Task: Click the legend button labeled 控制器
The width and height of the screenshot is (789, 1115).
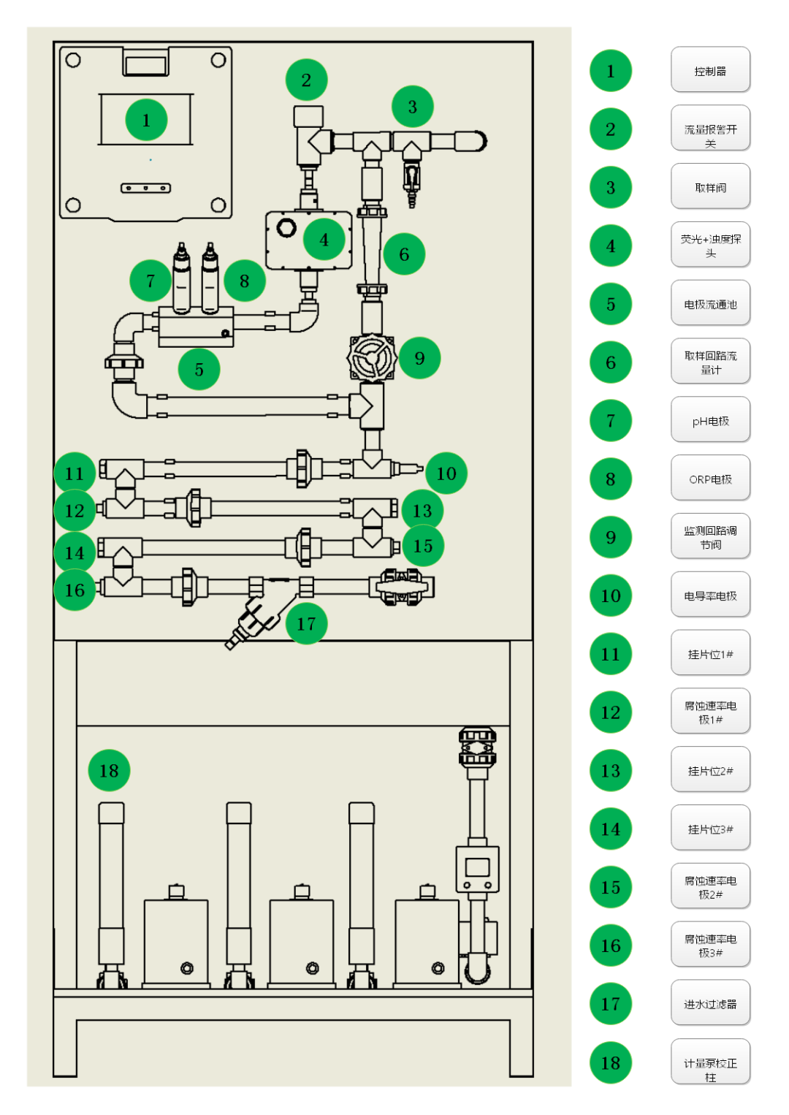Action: (710, 70)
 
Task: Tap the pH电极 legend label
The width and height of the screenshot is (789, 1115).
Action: (710, 420)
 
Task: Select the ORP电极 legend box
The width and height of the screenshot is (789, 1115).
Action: (710, 479)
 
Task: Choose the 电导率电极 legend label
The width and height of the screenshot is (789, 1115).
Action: (710, 595)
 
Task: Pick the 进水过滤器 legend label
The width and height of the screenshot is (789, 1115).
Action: (710, 1003)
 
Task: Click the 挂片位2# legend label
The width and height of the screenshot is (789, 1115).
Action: (710, 770)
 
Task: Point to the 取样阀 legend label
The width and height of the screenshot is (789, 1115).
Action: (710, 187)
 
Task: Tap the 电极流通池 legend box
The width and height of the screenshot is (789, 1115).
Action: (710, 303)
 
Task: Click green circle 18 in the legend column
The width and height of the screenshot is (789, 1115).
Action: (611, 1062)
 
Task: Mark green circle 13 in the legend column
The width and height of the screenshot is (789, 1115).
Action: (611, 770)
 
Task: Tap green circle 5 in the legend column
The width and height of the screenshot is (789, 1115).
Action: (611, 304)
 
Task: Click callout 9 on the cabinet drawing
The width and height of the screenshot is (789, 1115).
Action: (419, 358)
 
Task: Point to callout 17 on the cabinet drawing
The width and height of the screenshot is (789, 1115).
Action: (306, 623)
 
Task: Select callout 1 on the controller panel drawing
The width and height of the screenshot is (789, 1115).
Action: (146, 120)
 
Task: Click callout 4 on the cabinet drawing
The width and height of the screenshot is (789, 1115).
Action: (324, 239)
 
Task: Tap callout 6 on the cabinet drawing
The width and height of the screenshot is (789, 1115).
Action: (404, 254)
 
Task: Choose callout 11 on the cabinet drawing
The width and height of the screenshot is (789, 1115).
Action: (75, 473)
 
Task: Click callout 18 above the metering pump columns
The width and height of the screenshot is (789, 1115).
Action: (109, 770)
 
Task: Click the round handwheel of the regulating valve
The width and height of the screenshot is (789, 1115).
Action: (371, 357)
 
